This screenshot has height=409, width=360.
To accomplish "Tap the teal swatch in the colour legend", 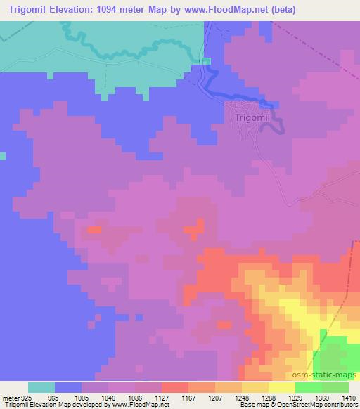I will coord(41,387).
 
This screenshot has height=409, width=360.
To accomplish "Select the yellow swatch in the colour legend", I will coord(281,387).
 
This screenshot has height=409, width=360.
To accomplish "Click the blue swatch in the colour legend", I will coord(68,387).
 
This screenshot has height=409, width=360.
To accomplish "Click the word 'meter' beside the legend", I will coord(11,397).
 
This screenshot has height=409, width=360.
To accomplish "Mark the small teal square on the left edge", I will coord(3,155).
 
